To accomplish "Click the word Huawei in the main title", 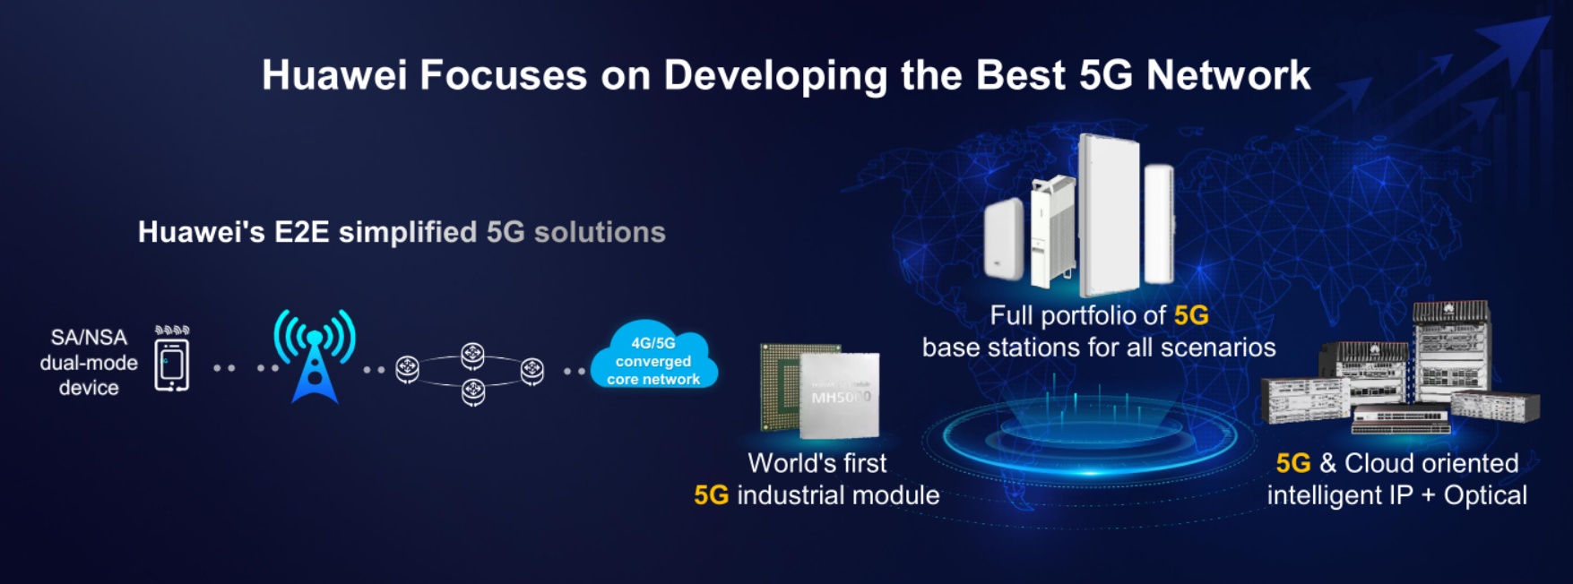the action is (x=334, y=75).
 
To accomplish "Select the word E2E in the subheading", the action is (x=302, y=232).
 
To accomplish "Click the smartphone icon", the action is (x=172, y=365).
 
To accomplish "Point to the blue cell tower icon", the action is (x=315, y=356).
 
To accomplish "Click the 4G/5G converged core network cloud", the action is (x=653, y=356).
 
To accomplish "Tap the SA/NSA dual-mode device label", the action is (x=89, y=363).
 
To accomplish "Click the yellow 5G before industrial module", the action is (x=711, y=495).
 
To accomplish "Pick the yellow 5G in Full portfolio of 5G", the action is (x=1191, y=315).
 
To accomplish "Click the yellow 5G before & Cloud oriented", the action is (x=1293, y=463).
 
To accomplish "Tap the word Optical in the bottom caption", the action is (x=1485, y=495).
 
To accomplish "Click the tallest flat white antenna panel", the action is (x=1110, y=215).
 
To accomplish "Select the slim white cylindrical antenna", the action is (x=1159, y=224).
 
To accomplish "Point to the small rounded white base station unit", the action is (x=1004, y=238).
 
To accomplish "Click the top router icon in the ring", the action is (x=472, y=356).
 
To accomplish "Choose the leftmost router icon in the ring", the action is (x=407, y=367).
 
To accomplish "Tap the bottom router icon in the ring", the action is (x=473, y=391).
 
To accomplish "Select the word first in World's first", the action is (x=861, y=463).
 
